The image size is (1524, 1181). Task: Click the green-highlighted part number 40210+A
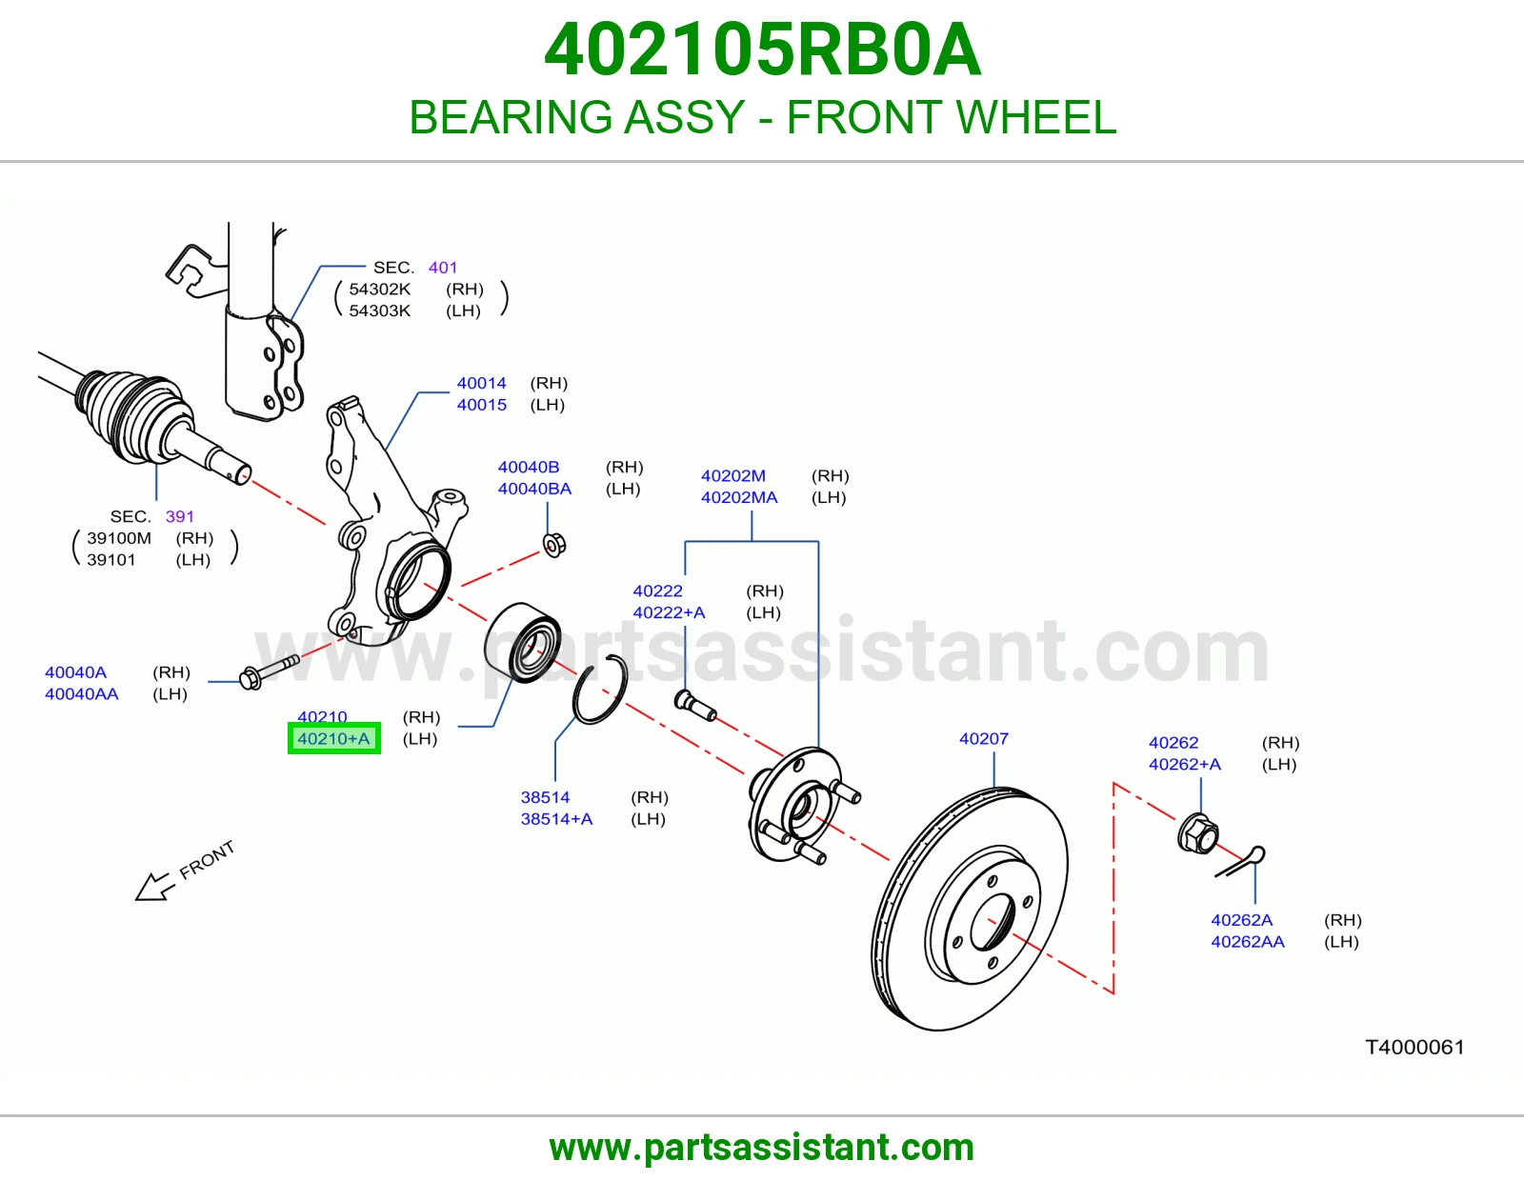[333, 738]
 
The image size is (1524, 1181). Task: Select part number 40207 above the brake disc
[983, 738]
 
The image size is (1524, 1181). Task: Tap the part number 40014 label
[481, 383]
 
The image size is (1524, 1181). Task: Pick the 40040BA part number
[534, 489]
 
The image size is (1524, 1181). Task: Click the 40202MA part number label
[739, 497]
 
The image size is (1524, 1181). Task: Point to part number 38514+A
[556, 819]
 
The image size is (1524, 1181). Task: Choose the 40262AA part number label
[1248, 942]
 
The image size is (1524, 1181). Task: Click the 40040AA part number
[81, 694]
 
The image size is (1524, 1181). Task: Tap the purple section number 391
[179, 516]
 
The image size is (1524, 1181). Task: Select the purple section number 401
[443, 268]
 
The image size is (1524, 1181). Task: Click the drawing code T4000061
[1414, 1047]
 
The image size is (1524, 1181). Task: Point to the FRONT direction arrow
[153, 887]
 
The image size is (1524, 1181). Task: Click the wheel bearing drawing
[523, 642]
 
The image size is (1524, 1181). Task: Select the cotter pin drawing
[1241, 863]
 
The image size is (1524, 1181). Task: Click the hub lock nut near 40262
[1198, 833]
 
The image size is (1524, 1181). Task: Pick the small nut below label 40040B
[554, 545]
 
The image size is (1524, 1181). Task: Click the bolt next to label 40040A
[269, 671]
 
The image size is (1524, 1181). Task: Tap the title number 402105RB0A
[762, 50]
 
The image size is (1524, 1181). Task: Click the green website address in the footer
[762, 1148]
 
